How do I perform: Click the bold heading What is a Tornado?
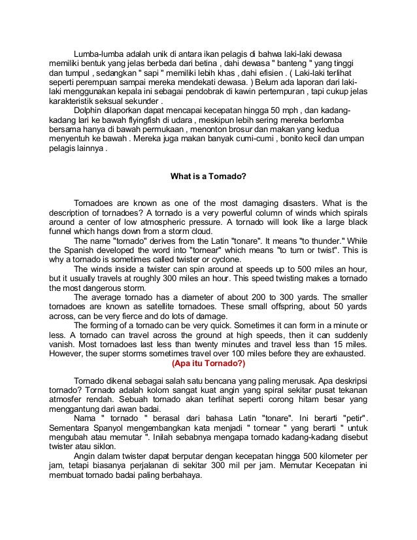[x=208, y=176]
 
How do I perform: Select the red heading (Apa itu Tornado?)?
[x=208, y=364]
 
